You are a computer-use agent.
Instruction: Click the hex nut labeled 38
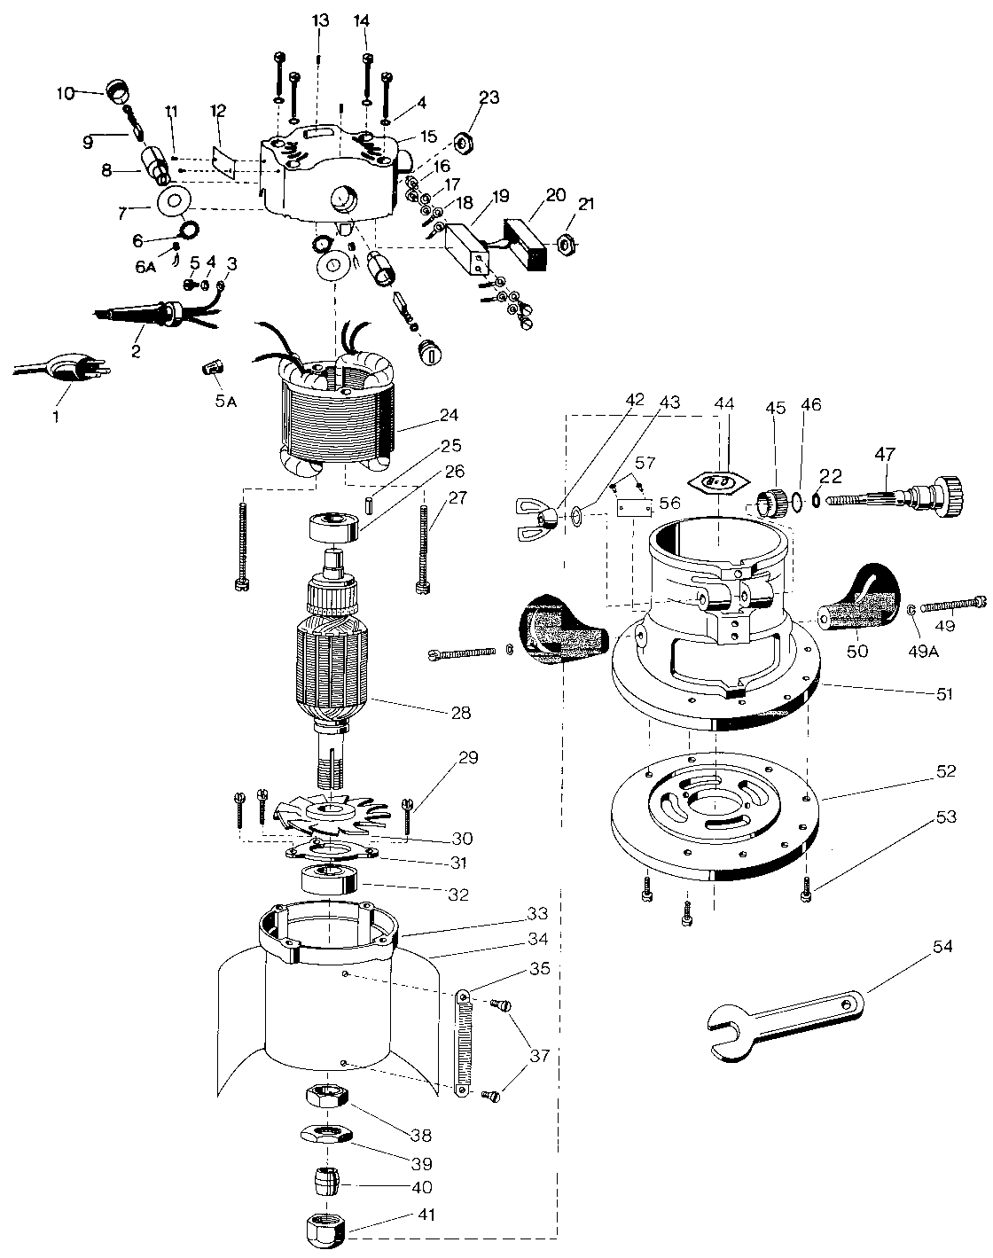tap(326, 1097)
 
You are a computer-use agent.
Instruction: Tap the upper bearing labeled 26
tap(332, 527)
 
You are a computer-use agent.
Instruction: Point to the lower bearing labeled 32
tap(329, 881)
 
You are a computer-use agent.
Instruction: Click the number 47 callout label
tap(884, 454)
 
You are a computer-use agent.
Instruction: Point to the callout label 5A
tap(226, 400)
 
